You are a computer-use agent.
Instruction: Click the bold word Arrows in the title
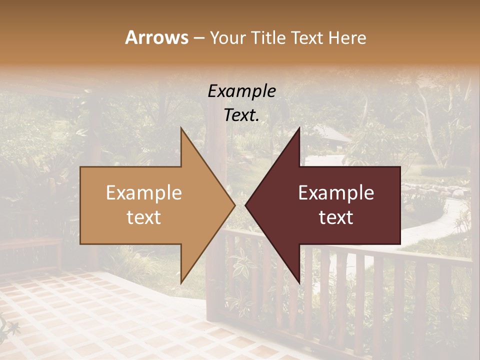pyautogui.click(x=156, y=37)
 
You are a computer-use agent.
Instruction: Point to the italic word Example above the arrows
pyautogui.click(x=241, y=91)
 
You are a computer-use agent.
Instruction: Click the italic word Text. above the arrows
pyautogui.click(x=241, y=115)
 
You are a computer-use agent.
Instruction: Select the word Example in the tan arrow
pyautogui.click(x=143, y=193)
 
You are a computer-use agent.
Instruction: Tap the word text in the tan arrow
pyautogui.click(x=143, y=217)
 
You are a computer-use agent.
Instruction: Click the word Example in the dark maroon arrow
pyautogui.click(x=336, y=193)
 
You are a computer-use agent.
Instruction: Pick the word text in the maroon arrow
pyautogui.click(x=336, y=217)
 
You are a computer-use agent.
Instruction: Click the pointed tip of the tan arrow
pyautogui.click(x=234, y=205)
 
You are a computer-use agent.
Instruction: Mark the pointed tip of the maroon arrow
pyautogui.click(x=245, y=205)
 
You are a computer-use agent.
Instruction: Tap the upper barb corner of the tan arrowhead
pyautogui.click(x=181, y=128)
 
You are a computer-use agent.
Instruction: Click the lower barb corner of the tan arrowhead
pyautogui.click(x=181, y=282)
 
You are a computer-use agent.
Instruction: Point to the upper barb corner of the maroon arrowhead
pyautogui.click(x=299, y=128)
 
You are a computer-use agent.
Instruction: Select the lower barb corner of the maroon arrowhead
pyautogui.click(x=299, y=282)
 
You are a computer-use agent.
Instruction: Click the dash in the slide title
pyautogui.click(x=198, y=38)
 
